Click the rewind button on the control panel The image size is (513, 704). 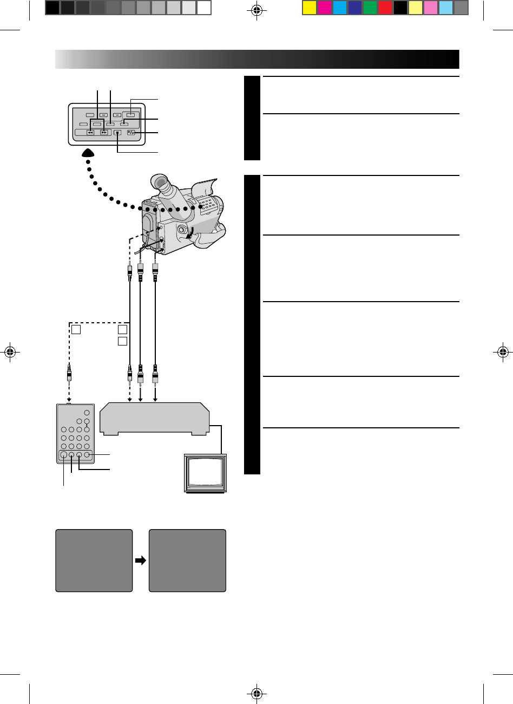click(x=90, y=133)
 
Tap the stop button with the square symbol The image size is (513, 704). click(x=116, y=133)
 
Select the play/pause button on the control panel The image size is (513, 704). click(x=130, y=133)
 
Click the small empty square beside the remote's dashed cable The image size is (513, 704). click(x=76, y=329)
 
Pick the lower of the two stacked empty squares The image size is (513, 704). click(x=123, y=341)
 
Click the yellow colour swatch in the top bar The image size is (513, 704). click(x=310, y=8)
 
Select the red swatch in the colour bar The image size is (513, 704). click(x=385, y=8)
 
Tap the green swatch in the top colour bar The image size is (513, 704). click(x=370, y=8)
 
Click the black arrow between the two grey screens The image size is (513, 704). click(x=141, y=561)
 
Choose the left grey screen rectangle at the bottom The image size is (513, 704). click(x=94, y=560)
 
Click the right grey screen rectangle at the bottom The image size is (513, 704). click(x=187, y=560)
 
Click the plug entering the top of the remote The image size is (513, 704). click(x=69, y=374)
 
